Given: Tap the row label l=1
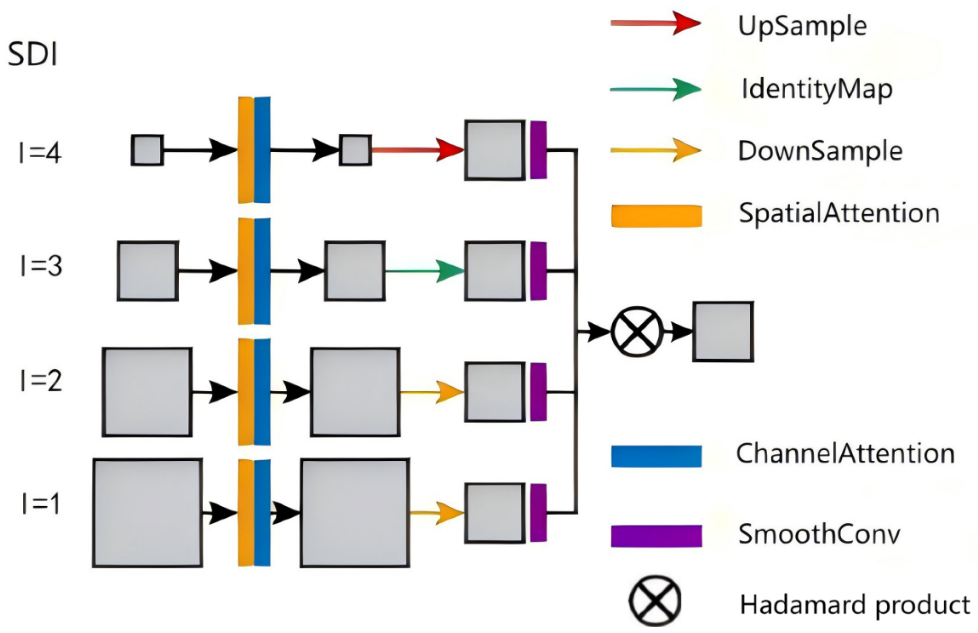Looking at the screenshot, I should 40,504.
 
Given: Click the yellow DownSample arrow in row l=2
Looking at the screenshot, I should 431,392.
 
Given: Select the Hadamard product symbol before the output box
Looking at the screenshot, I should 637,332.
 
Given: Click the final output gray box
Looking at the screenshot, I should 723,332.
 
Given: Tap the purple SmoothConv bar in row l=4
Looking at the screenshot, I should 538,150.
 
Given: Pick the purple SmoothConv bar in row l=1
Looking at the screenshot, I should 538,513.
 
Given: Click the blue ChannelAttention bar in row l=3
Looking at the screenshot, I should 262,271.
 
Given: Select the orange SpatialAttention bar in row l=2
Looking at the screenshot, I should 246,392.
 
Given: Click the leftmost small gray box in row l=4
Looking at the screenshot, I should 147,150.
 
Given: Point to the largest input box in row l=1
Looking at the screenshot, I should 147,513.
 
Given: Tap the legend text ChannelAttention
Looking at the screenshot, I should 845,454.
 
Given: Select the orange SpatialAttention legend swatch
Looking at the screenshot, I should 656,216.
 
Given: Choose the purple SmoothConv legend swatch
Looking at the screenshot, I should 656,535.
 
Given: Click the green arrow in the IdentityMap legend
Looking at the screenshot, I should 655,89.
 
